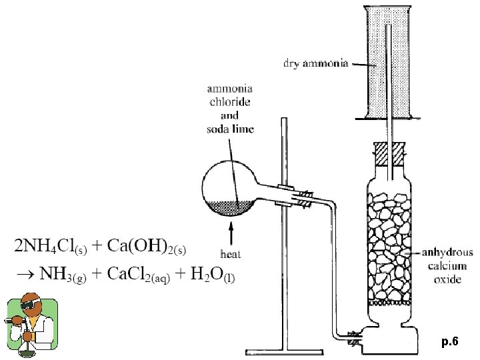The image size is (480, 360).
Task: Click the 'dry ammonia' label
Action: coord(316,65)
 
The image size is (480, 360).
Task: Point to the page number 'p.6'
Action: coord(450,342)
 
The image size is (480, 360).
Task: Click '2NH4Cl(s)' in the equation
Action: coord(47,247)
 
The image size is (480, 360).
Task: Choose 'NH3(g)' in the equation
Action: coord(66,275)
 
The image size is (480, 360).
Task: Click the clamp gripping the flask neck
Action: coord(294,197)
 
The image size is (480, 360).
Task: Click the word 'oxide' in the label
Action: coord(447,279)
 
